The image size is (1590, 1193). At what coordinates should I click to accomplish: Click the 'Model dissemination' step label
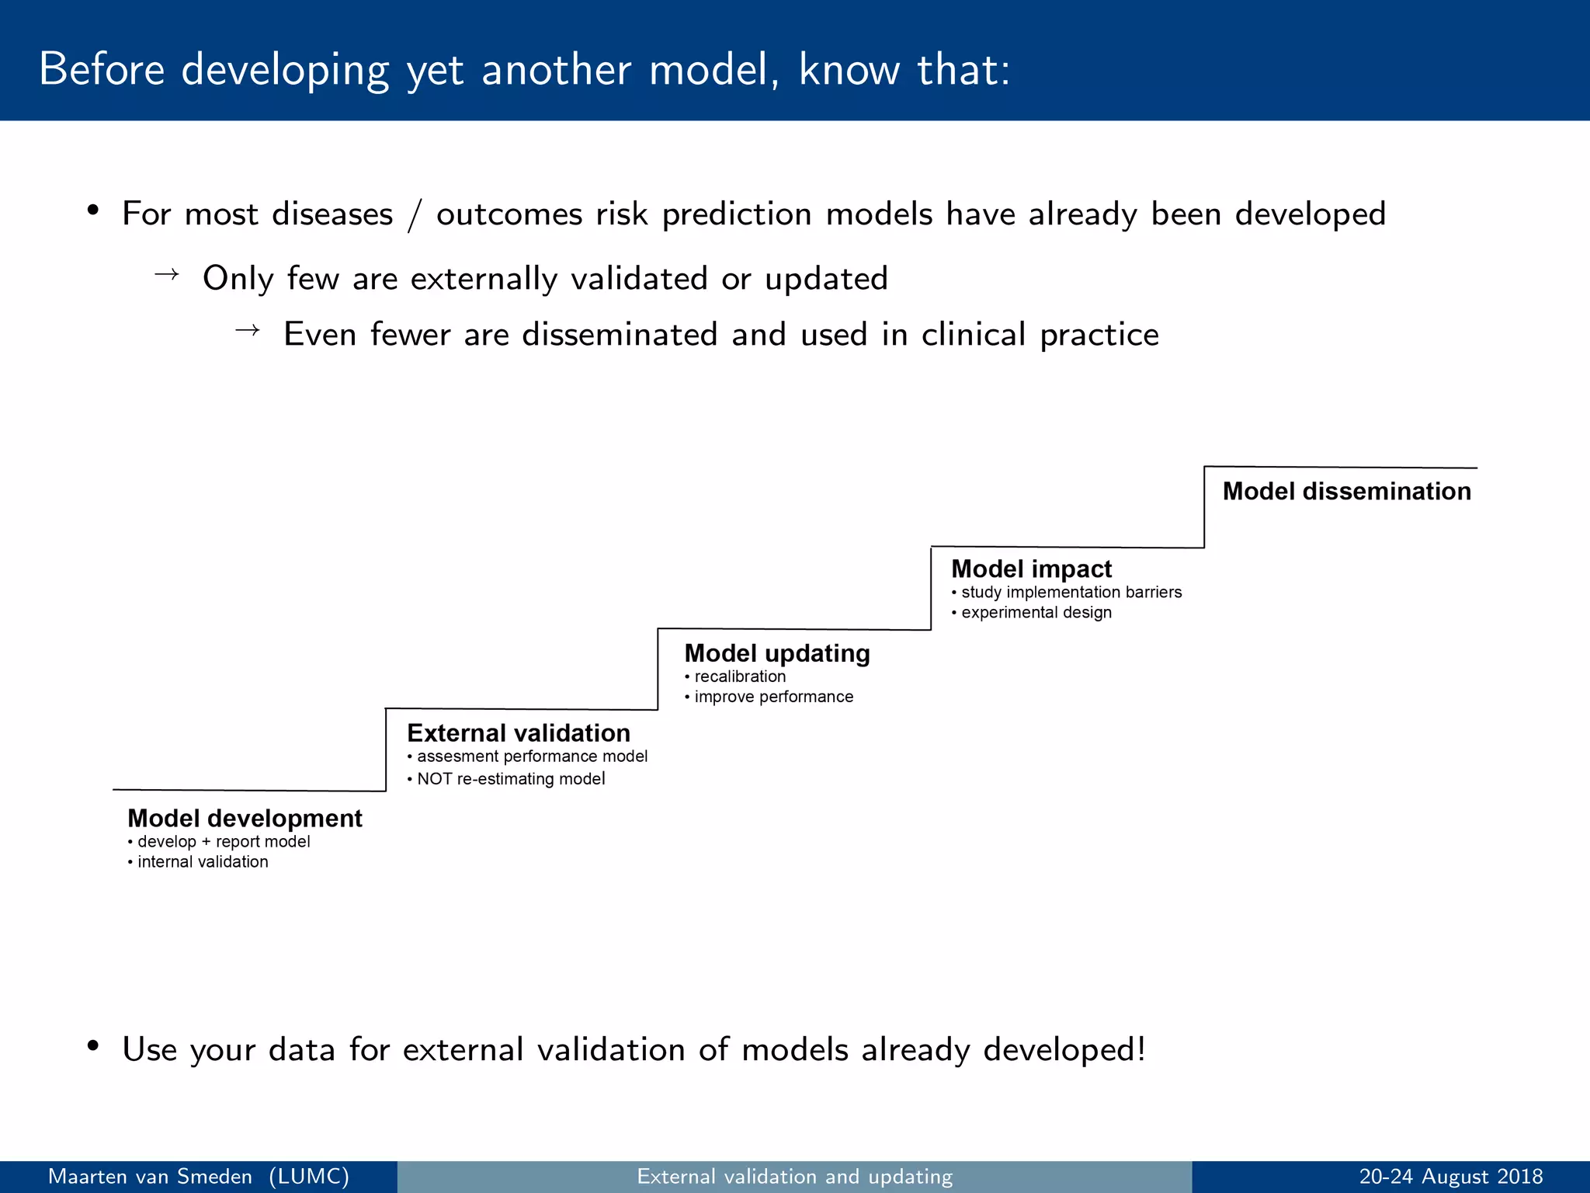pyautogui.click(x=1346, y=491)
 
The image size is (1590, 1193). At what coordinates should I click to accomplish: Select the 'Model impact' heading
pyautogui.click(x=1031, y=569)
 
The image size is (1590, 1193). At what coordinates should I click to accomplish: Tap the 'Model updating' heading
pyautogui.click(x=776, y=653)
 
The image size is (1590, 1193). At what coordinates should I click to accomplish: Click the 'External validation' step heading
pyautogui.click(x=518, y=732)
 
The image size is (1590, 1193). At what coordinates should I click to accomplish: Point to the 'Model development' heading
pyautogui.click(x=245, y=818)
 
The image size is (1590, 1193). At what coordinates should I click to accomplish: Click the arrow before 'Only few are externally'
pyautogui.click(x=167, y=274)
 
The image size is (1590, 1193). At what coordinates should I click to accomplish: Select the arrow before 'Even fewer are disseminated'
pyautogui.click(x=247, y=331)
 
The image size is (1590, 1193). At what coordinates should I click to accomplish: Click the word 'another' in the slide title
pyautogui.click(x=557, y=70)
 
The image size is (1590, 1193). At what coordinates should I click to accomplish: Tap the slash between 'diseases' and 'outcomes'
pyautogui.click(x=415, y=215)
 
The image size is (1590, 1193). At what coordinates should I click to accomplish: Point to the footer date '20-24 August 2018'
pyautogui.click(x=1450, y=1177)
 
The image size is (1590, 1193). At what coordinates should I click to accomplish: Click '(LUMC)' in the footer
pyautogui.click(x=309, y=1177)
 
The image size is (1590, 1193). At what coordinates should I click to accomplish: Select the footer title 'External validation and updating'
pyautogui.click(x=794, y=1177)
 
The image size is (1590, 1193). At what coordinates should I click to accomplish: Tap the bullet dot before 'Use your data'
pyautogui.click(x=93, y=1045)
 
